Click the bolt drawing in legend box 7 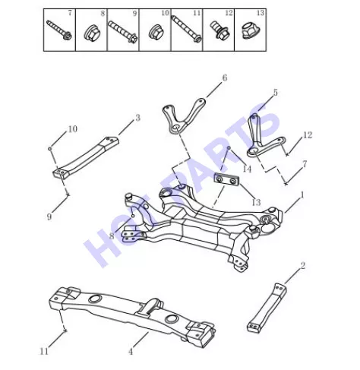(x=59, y=30)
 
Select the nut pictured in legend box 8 (x=91, y=33)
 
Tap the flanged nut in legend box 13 (x=249, y=31)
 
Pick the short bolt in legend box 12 (x=219, y=30)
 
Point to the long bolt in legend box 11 (x=186, y=28)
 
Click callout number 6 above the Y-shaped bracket (x=225, y=77)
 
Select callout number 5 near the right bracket (x=275, y=93)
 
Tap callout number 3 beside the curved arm (x=137, y=118)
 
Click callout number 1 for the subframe (x=302, y=194)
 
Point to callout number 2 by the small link (x=302, y=266)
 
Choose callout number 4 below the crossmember (x=131, y=352)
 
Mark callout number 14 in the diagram (x=247, y=169)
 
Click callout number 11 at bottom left (x=44, y=351)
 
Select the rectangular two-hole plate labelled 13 (x=226, y=179)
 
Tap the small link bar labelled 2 (x=267, y=308)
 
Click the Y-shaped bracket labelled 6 (x=183, y=117)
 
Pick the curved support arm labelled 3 (x=86, y=157)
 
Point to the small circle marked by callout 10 (x=50, y=149)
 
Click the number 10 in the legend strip (x=165, y=13)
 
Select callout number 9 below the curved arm (x=49, y=217)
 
